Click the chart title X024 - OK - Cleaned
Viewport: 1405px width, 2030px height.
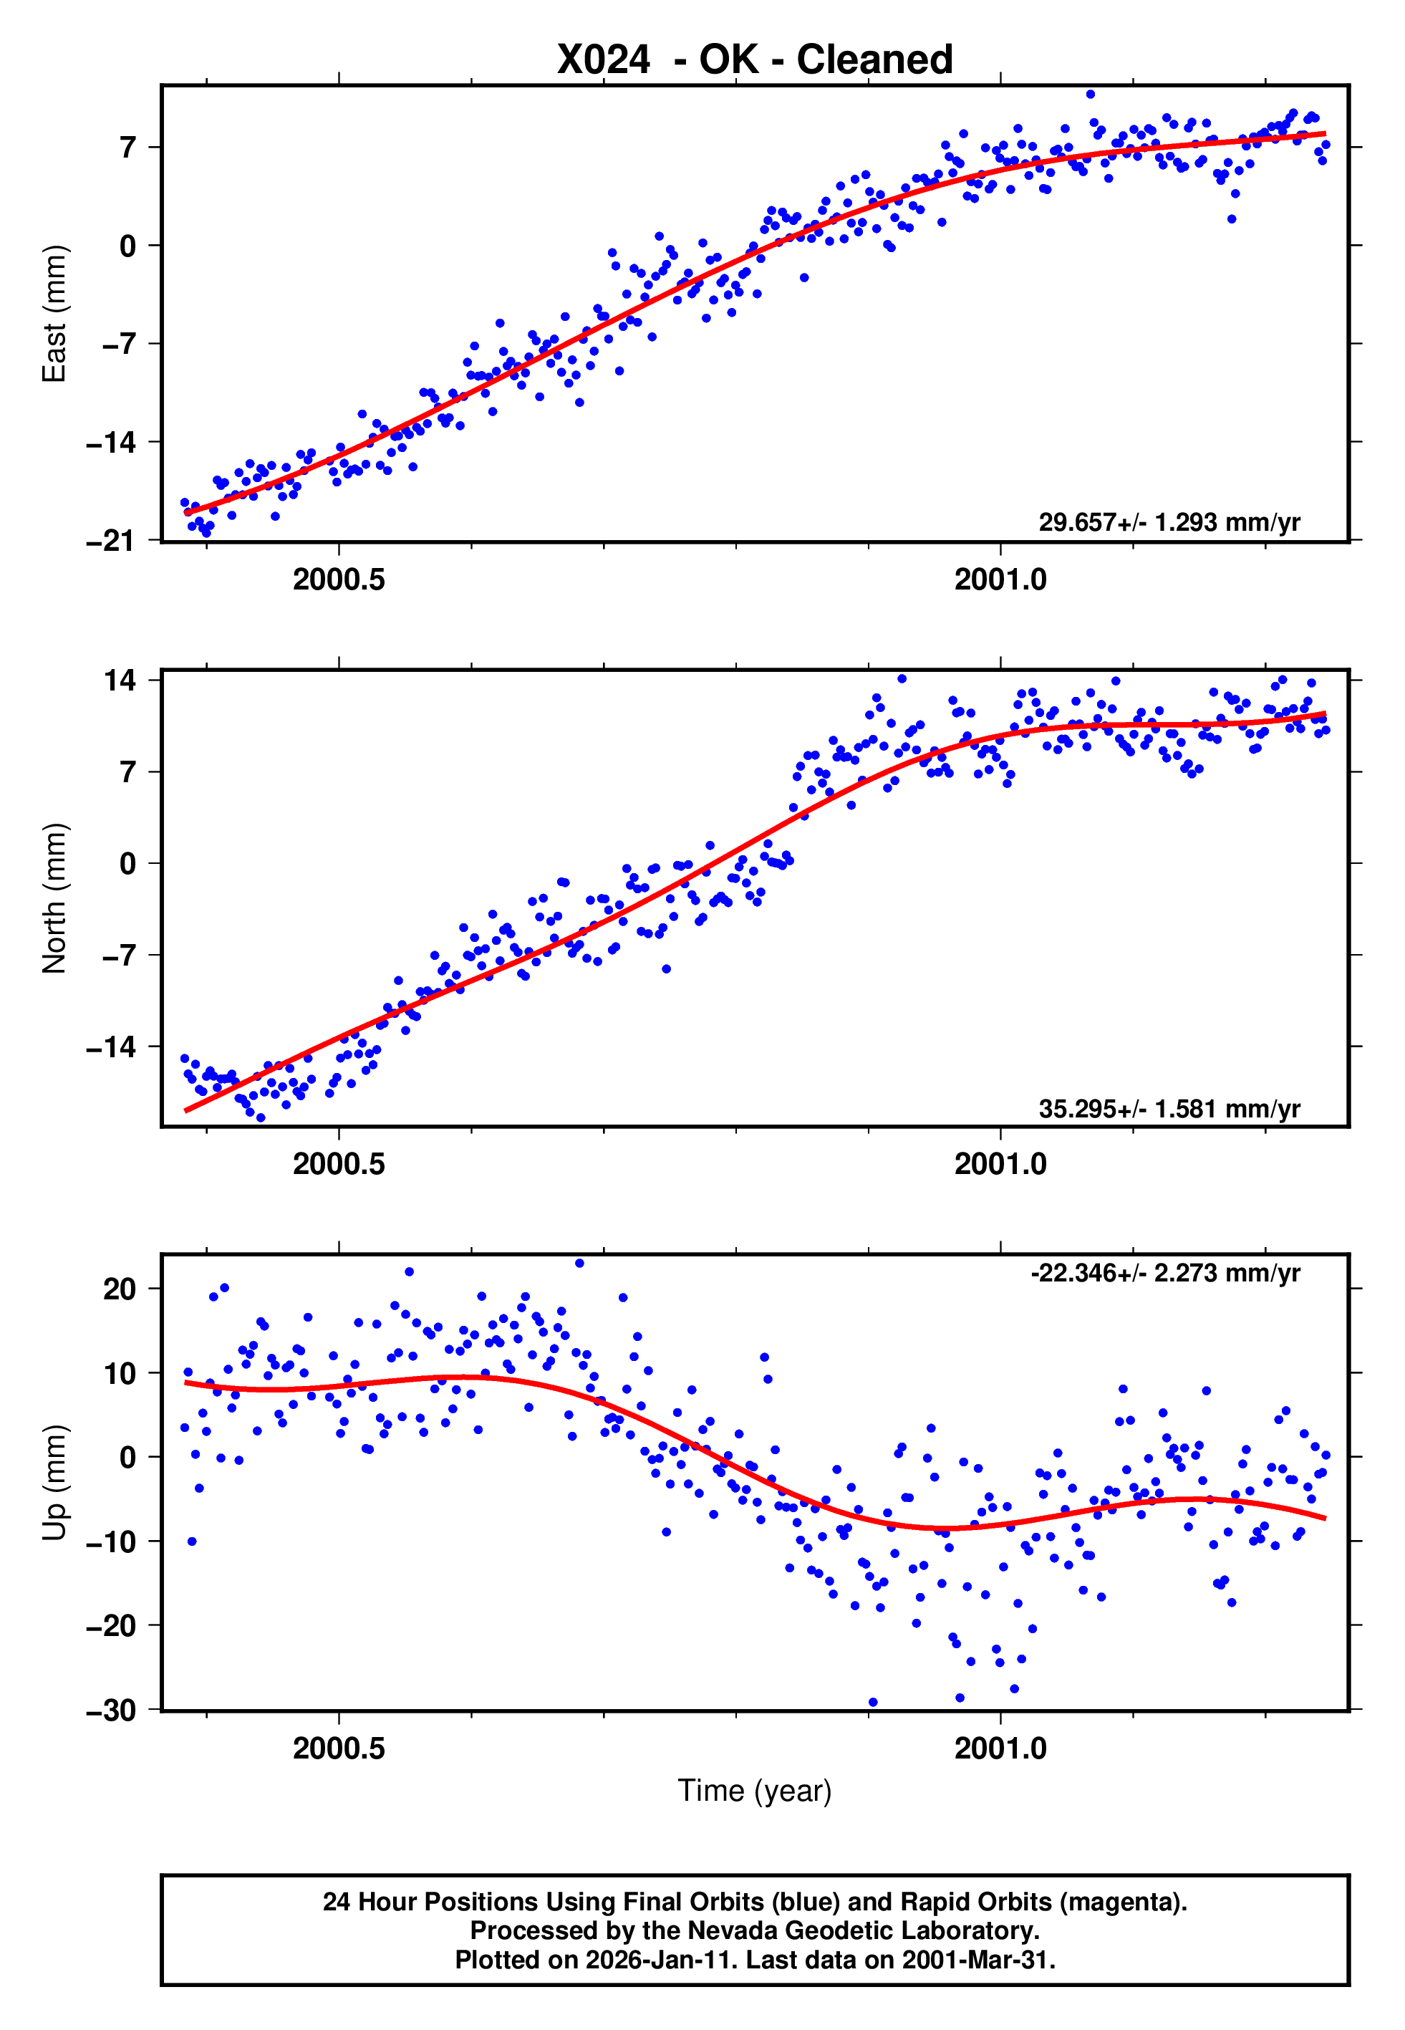[755, 60]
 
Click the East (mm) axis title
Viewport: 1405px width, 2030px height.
[54, 314]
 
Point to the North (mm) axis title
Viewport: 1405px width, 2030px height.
[54, 898]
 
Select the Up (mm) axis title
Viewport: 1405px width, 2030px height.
[54, 1483]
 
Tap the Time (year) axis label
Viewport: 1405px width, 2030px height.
[755, 1791]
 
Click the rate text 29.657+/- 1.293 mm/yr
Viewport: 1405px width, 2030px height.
[1169, 522]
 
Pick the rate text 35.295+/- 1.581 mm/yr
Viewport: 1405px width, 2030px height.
[1169, 1108]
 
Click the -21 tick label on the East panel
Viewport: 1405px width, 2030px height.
[111, 541]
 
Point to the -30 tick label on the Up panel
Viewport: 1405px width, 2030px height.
[111, 1710]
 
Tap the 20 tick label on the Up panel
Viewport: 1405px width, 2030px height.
[120, 1289]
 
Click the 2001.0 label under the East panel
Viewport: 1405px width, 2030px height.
[1000, 579]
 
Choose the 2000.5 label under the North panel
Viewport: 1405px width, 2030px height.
[339, 1164]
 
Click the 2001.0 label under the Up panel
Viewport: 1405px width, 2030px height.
[1000, 1748]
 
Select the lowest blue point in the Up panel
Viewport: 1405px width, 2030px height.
[872, 1703]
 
